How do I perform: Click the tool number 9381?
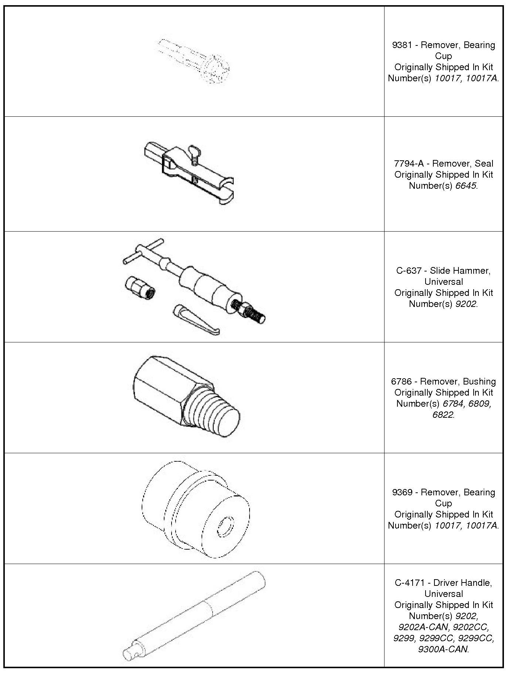(x=401, y=45)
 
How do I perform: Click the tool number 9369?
(x=401, y=492)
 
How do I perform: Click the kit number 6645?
(x=465, y=185)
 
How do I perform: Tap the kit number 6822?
(x=443, y=414)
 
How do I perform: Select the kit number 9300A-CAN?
(x=443, y=649)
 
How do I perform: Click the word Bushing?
(x=479, y=381)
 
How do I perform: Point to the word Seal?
(x=484, y=163)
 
